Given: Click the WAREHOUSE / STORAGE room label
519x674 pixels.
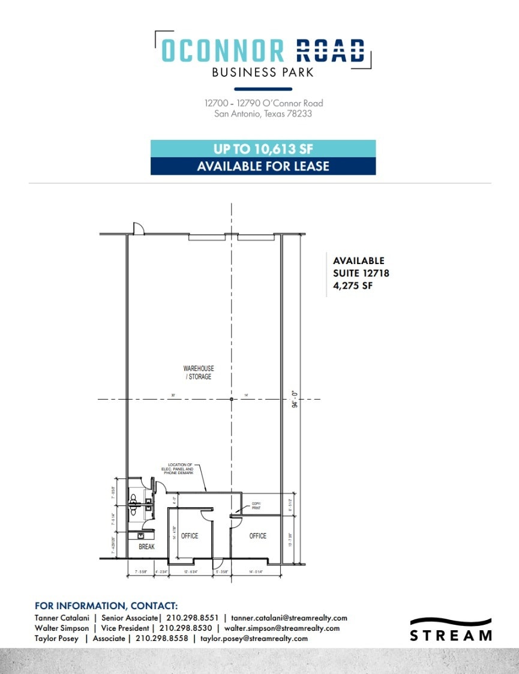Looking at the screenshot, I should (199, 373).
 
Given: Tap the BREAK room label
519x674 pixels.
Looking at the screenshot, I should (146, 547).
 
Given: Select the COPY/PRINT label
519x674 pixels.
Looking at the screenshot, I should (256, 505).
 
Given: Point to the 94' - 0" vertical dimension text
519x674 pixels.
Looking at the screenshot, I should (294, 399).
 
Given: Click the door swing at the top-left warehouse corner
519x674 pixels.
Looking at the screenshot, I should (137, 229).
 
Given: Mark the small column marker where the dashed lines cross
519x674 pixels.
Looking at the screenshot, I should (232, 399).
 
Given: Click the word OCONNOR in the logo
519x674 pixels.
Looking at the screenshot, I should (223, 50).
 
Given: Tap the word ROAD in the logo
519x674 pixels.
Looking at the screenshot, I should (330, 50).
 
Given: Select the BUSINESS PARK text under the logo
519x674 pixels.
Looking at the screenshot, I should (263, 73).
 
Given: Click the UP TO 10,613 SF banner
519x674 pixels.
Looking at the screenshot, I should (263, 149).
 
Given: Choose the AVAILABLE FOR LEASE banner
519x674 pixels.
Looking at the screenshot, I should (263, 166).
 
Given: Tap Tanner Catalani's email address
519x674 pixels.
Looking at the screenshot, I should (289, 618).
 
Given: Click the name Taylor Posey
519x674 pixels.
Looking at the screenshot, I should (56, 639).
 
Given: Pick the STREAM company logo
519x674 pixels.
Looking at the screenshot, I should (451, 629).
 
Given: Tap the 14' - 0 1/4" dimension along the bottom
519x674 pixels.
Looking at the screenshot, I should (256, 571).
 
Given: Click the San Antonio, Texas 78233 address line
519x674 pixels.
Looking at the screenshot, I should (263, 113).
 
